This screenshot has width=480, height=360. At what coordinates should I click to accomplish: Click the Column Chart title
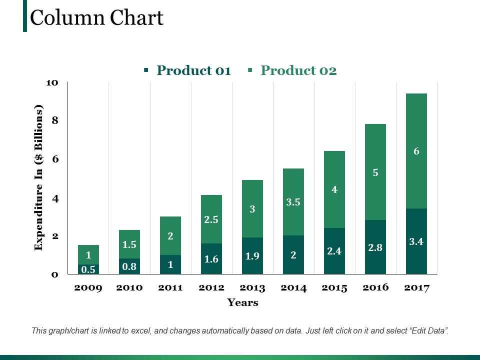(x=96, y=18)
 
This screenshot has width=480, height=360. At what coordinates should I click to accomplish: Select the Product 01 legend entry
(x=193, y=70)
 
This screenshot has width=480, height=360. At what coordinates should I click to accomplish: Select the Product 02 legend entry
(x=298, y=70)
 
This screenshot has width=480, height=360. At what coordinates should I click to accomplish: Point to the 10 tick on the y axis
(x=52, y=82)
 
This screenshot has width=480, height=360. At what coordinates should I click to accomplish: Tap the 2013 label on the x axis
(x=252, y=288)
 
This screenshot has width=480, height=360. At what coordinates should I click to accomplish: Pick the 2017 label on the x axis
(x=416, y=288)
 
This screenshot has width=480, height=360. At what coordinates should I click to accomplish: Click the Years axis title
(x=243, y=302)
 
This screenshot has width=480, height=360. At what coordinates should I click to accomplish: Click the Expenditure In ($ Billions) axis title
(x=38, y=178)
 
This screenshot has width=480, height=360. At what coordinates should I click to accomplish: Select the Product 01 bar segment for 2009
(x=88, y=269)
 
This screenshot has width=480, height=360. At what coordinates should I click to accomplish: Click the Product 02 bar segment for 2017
(x=416, y=151)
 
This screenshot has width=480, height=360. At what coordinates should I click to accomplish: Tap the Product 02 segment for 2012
(x=211, y=219)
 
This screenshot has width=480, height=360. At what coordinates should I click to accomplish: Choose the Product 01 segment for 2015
(x=334, y=251)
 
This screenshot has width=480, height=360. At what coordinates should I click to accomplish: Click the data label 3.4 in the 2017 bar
(x=416, y=241)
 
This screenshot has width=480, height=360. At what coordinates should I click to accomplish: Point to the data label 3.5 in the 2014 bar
(x=293, y=202)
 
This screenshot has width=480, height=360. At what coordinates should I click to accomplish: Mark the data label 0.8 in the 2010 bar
(x=129, y=266)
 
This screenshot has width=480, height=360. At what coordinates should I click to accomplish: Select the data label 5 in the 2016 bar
(x=375, y=173)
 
